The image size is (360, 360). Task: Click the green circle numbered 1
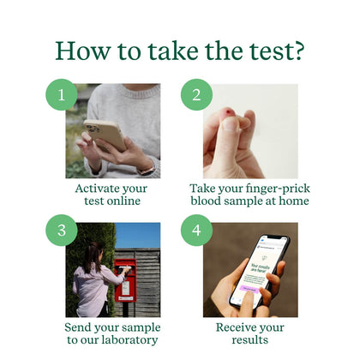[x=60, y=94]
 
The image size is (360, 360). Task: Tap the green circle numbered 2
[x=196, y=94]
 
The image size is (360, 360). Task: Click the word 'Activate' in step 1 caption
[x=93, y=188]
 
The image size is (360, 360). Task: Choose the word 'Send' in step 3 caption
[x=82, y=327]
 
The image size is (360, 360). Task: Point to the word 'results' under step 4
[x=250, y=340]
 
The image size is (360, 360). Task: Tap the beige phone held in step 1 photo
[x=104, y=133]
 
